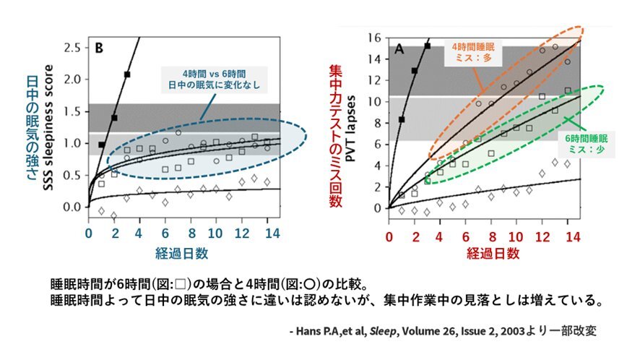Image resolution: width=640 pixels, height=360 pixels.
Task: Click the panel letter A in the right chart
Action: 399,50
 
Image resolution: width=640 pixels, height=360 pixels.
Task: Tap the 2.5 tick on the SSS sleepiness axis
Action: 73,48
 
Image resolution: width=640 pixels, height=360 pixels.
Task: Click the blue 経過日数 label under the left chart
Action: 183,253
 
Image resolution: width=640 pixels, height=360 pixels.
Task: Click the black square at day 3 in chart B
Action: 127,74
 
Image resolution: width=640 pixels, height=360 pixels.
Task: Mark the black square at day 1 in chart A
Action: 402,119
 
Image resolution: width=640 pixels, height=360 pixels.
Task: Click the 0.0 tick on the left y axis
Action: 73,207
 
